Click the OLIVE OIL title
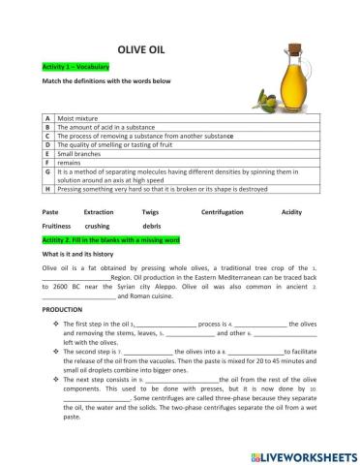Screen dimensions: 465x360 click(x=144, y=47)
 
